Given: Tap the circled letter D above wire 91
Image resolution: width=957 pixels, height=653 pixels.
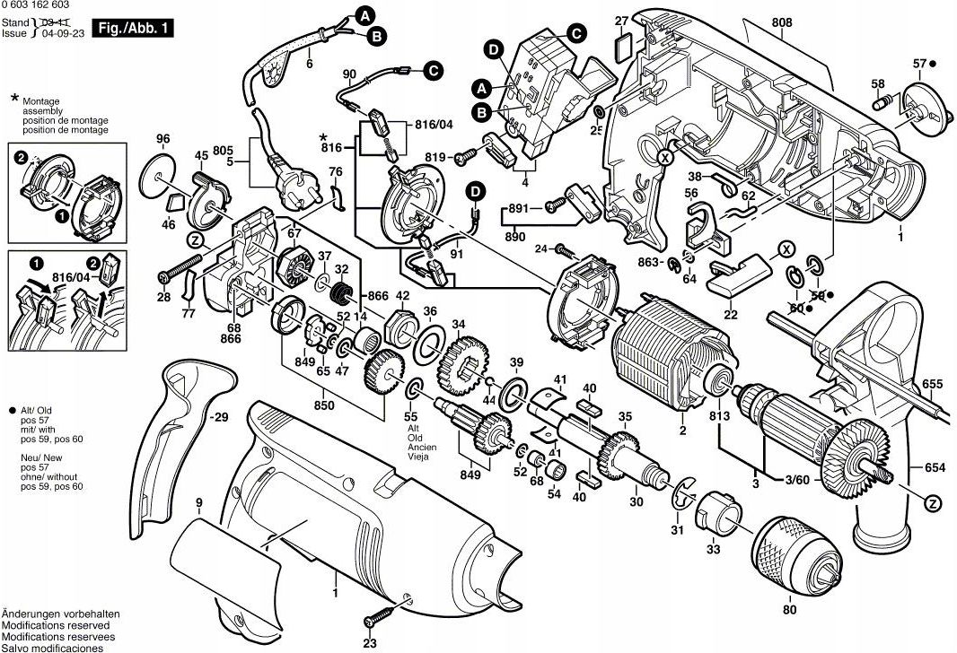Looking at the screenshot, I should tap(474, 190).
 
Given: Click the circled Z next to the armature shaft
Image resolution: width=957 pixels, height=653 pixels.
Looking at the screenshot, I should tap(933, 502).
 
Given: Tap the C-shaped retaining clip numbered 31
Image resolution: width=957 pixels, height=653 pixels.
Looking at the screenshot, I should tap(680, 499).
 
